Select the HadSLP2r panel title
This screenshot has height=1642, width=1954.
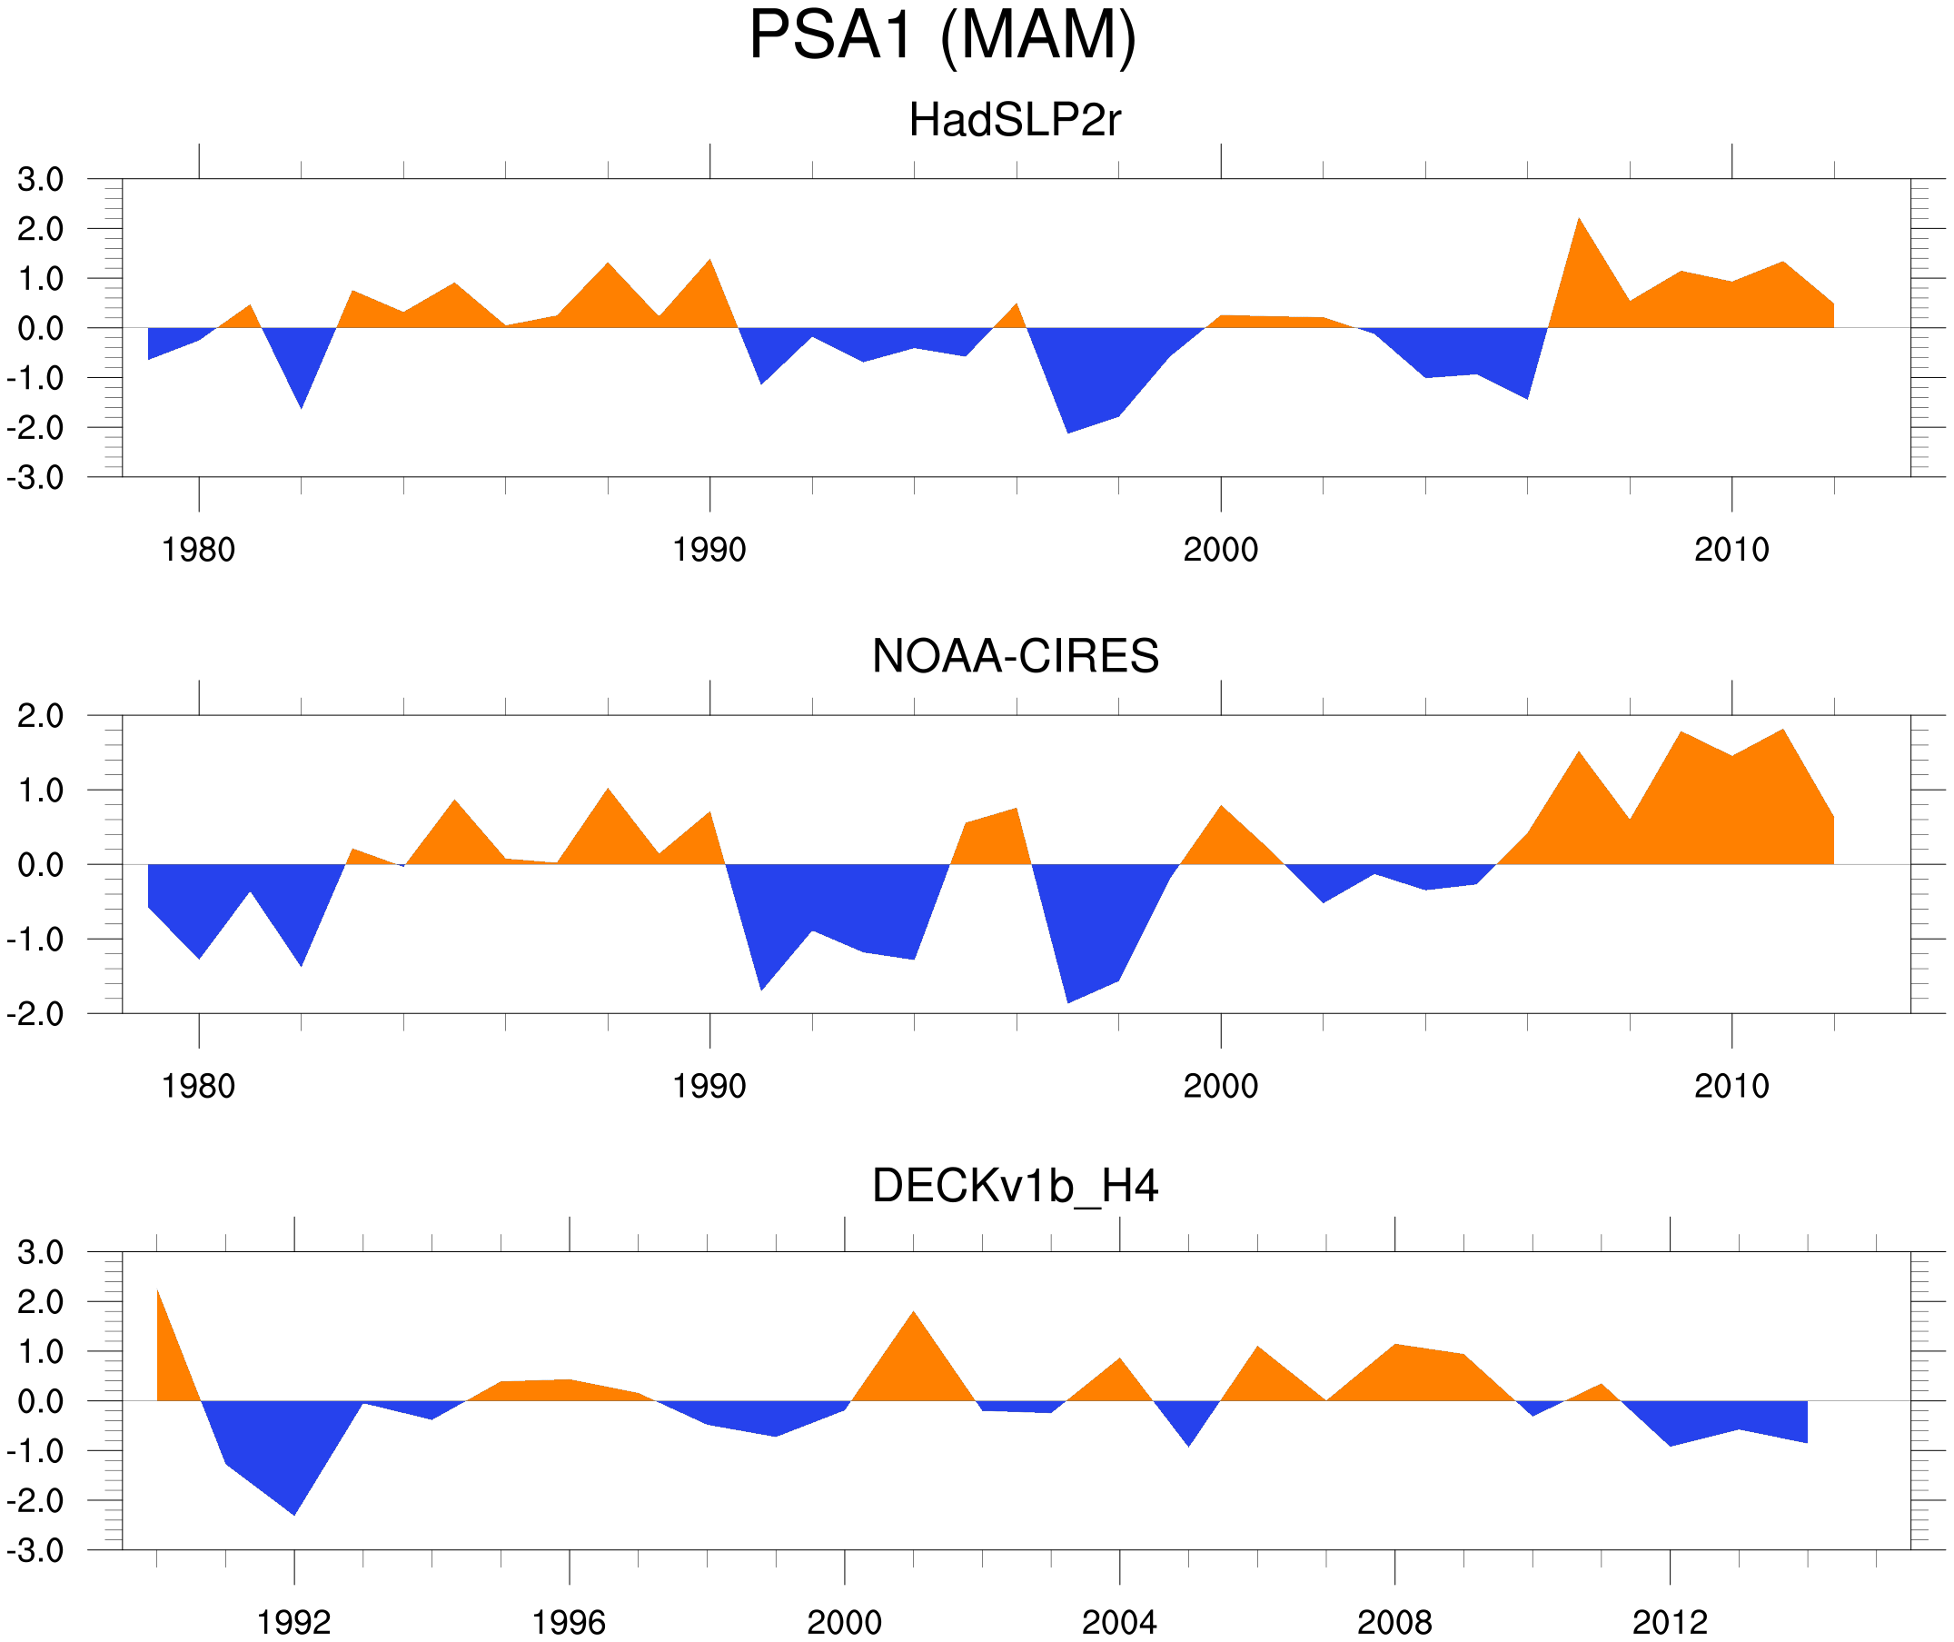[1014, 121]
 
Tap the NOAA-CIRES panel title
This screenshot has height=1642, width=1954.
[1015, 656]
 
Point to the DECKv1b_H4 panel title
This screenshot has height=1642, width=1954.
[1015, 1186]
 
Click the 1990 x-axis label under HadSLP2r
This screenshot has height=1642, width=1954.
[709, 550]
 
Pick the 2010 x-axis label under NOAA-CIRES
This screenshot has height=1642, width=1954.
[1731, 1086]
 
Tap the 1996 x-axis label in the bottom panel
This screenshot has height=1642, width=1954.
[569, 1622]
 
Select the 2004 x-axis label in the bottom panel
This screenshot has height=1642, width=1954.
[1118, 1622]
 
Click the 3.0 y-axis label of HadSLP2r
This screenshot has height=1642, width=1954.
[41, 180]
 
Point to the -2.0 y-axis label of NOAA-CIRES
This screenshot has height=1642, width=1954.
[35, 1015]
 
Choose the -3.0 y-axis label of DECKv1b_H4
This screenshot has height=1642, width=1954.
[35, 1551]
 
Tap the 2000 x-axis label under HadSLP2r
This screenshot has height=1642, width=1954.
[1220, 550]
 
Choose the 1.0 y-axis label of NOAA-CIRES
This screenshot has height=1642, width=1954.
[41, 791]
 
